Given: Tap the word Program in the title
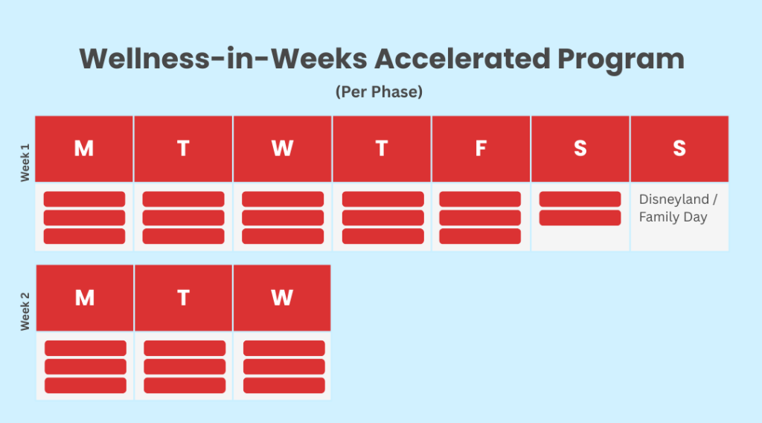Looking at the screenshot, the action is point(621,60).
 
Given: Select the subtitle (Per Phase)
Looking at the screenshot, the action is point(379,91).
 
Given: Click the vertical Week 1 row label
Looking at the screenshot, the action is point(25,163).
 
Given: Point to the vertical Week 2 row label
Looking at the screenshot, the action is point(25,311).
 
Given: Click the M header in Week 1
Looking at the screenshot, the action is point(84,149).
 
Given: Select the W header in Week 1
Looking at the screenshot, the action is point(282,149).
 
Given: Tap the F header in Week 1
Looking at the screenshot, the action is point(481,149).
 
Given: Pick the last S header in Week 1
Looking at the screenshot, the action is point(679,149).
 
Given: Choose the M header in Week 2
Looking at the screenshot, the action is point(85,297).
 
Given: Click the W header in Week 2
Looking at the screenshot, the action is point(282,297).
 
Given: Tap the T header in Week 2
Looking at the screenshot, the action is point(183,297).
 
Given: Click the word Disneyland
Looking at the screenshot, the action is point(673,199).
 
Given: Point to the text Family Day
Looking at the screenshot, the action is point(673,217).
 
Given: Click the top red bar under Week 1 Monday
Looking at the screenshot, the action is point(84,199).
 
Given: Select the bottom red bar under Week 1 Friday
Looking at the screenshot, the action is point(480,236).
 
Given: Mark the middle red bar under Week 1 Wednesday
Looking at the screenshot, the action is point(283,218).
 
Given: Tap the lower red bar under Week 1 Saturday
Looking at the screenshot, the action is point(580,218).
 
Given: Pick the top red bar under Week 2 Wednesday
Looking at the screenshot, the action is point(284,348).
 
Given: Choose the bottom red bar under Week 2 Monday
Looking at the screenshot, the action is point(86,385).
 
